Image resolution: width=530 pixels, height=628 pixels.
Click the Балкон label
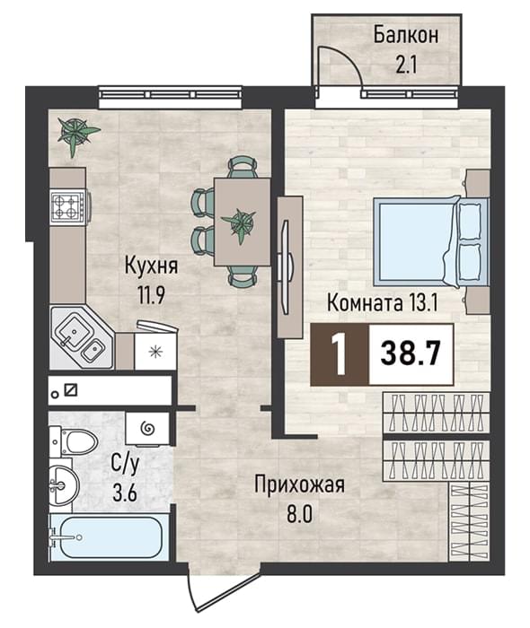click(x=406, y=35)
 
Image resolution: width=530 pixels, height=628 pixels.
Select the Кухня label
click(x=151, y=266)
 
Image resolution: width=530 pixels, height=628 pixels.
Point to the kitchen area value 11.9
click(x=151, y=295)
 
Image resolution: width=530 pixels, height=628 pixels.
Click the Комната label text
click(x=365, y=302)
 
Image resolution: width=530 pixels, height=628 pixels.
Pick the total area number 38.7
click(x=411, y=353)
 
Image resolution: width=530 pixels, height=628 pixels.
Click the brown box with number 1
click(x=340, y=354)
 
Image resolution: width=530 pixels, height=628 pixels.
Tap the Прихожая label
click(x=299, y=485)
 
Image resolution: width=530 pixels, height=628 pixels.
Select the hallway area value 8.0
click(x=299, y=515)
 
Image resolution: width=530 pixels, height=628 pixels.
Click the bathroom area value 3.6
click(x=125, y=493)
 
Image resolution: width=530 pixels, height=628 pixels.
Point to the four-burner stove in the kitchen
click(x=67, y=206)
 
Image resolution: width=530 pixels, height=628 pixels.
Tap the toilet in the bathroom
click(x=74, y=441)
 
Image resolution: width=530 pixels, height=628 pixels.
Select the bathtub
click(x=106, y=537)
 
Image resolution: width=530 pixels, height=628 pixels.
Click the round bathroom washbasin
click(x=64, y=484)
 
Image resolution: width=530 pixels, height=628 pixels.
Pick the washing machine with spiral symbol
click(x=147, y=429)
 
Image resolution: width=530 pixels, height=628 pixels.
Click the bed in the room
click(x=431, y=241)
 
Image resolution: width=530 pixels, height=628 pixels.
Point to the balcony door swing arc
click(x=347, y=58)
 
